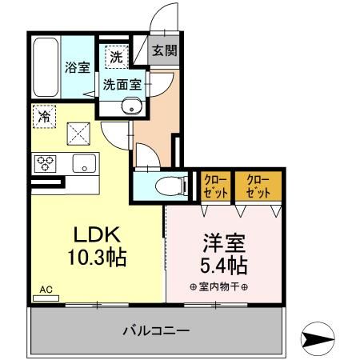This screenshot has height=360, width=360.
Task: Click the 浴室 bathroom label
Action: click(x=77, y=67)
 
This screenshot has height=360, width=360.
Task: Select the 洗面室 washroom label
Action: click(x=120, y=82)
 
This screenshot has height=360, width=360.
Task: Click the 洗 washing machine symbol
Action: click(x=115, y=57)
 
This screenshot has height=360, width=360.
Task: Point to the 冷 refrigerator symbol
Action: click(x=45, y=116)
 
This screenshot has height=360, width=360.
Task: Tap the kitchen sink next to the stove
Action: click(x=82, y=163)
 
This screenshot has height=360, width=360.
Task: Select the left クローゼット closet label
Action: click(x=214, y=185)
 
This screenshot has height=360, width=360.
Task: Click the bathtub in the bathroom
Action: click(x=46, y=67)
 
